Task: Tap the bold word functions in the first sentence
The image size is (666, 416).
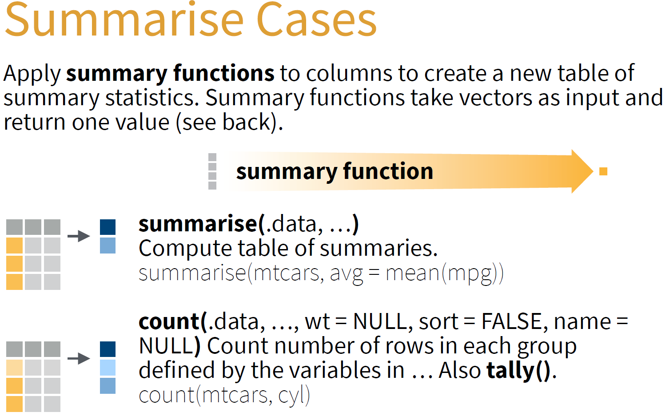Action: coord(223,73)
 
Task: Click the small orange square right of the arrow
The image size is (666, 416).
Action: coord(603,171)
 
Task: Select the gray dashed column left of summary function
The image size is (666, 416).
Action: coord(212,171)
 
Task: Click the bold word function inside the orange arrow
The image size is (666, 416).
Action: coord(388,171)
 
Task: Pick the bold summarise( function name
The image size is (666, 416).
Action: coord(202,224)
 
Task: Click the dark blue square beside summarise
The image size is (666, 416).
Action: coord(108,227)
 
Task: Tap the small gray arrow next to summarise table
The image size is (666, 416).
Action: coord(79,236)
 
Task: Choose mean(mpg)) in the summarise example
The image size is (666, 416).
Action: coord(444,273)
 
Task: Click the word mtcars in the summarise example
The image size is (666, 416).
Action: coord(285,273)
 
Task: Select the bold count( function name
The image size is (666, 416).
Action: coord(173,322)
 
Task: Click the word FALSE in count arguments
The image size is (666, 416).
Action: coord(512,321)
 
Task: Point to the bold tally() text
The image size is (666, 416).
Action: coord(518,371)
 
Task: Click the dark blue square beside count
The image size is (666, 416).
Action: coord(108,349)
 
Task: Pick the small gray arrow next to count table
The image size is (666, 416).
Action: coord(79,358)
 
